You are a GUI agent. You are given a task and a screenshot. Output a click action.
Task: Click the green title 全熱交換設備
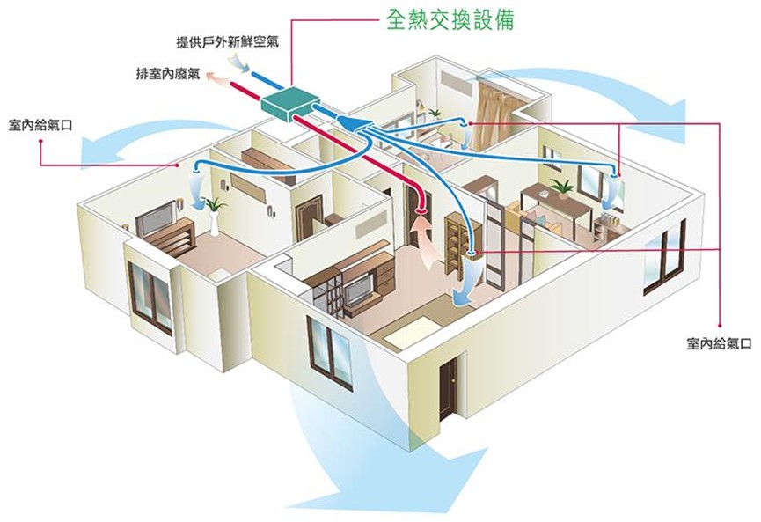(x=450, y=20)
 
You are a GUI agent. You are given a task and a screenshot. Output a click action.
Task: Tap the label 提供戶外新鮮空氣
(x=227, y=42)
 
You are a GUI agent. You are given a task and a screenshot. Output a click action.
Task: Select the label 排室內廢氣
(x=168, y=74)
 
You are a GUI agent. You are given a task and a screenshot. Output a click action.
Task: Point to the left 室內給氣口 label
(x=40, y=125)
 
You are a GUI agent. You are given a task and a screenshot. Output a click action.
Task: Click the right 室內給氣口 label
(x=720, y=344)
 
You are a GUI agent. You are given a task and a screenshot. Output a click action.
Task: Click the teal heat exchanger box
(x=287, y=104)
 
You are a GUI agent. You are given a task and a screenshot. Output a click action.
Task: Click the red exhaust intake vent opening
(x=421, y=210)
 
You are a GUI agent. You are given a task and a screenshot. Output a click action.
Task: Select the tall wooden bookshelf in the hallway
(x=455, y=243)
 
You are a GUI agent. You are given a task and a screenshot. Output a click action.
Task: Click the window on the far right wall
(x=665, y=257)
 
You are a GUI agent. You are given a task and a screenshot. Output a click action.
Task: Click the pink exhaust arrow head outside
(x=212, y=76)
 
